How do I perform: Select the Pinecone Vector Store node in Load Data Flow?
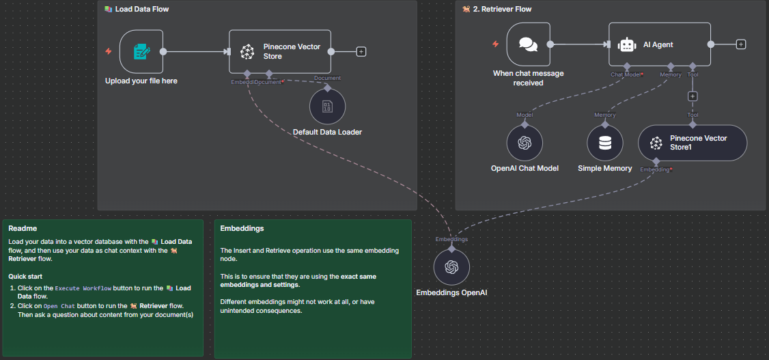click(x=279, y=51)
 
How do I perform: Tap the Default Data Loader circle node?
click(x=327, y=107)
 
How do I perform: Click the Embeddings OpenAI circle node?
click(x=451, y=267)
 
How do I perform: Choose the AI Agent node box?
click(x=659, y=44)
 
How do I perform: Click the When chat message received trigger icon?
click(x=528, y=44)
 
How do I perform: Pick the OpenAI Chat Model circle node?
click(x=525, y=143)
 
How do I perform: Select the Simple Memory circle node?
click(x=605, y=143)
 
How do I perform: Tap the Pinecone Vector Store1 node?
click(x=693, y=143)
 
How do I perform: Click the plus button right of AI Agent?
click(x=741, y=44)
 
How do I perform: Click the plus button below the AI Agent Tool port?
click(x=693, y=96)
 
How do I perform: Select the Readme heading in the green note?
click(x=23, y=229)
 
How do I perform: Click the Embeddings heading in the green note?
click(x=242, y=229)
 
